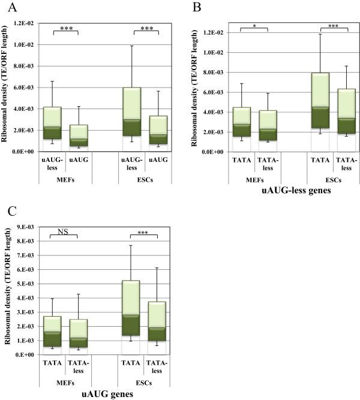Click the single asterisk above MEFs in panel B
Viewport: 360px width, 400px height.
coord(255,25)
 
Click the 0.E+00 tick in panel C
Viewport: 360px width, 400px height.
coord(29,354)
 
